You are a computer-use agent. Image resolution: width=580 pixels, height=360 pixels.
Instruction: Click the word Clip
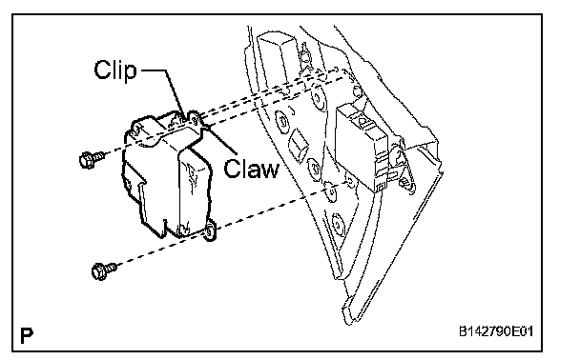(115, 70)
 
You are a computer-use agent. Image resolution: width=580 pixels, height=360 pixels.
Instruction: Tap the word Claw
(251, 169)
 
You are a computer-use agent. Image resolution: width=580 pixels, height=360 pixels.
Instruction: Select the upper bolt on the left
(93, 159)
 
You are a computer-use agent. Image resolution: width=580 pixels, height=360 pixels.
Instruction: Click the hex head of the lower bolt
(98, 271)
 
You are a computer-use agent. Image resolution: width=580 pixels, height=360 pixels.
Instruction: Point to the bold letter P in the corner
(27, 335)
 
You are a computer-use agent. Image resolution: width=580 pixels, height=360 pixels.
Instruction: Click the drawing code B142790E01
(496, 331)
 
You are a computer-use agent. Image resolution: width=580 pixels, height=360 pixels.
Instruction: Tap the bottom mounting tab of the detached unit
(209, 231)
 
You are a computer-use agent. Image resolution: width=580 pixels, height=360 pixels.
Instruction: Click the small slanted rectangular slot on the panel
(300, 145)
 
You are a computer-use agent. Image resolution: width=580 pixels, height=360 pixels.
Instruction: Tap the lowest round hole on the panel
(338, 224)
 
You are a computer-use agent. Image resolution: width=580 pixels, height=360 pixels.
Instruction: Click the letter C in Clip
(102, 70)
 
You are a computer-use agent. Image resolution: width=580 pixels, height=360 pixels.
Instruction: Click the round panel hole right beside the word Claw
(315, 170)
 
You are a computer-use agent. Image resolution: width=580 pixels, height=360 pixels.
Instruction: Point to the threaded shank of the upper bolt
(99, 156)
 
